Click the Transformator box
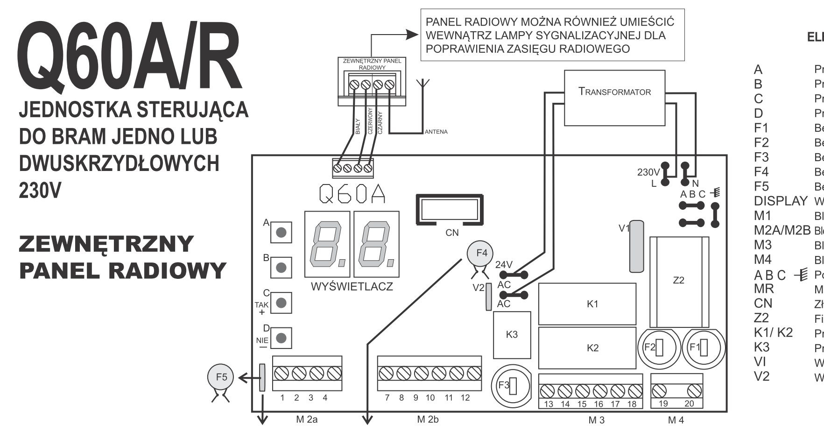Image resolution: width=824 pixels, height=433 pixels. click(614, 98)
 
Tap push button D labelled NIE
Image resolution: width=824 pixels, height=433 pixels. click(281, 337)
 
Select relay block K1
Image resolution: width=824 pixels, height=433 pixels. click(587, 304)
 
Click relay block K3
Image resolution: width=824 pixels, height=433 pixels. click(512, 335)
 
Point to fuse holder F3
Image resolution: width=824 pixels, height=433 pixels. click(510, 385)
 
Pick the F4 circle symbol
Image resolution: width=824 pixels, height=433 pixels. click(481, 253)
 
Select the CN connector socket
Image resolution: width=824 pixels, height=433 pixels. click(449, 210)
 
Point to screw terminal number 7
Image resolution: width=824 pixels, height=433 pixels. click(386, 373)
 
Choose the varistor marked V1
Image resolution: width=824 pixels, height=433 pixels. click(636, 246)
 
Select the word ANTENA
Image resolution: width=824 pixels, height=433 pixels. click(436, 132)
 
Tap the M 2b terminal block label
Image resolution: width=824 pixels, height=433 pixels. click(428, 419)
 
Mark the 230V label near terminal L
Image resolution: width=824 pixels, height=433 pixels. click(648, 172)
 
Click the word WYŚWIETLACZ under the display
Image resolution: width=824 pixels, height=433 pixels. click(352, 287)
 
